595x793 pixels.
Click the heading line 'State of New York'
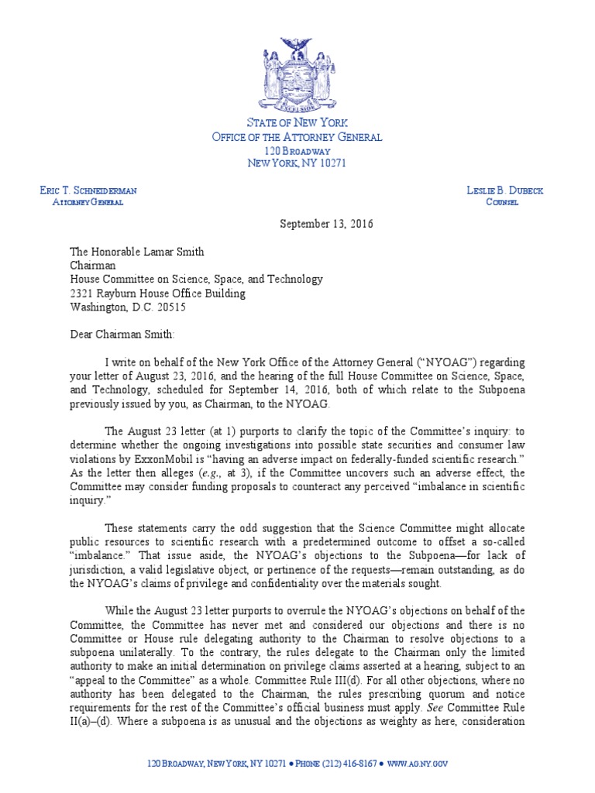coord(297,124)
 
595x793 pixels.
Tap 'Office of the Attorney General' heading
coord(297,137)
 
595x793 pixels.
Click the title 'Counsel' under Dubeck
coord(502,203)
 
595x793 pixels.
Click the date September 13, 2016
coord(326,224)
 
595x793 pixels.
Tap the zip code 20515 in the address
coord(170,307)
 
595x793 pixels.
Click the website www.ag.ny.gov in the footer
coord(418,764)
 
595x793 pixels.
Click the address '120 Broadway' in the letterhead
coord(297,150)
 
